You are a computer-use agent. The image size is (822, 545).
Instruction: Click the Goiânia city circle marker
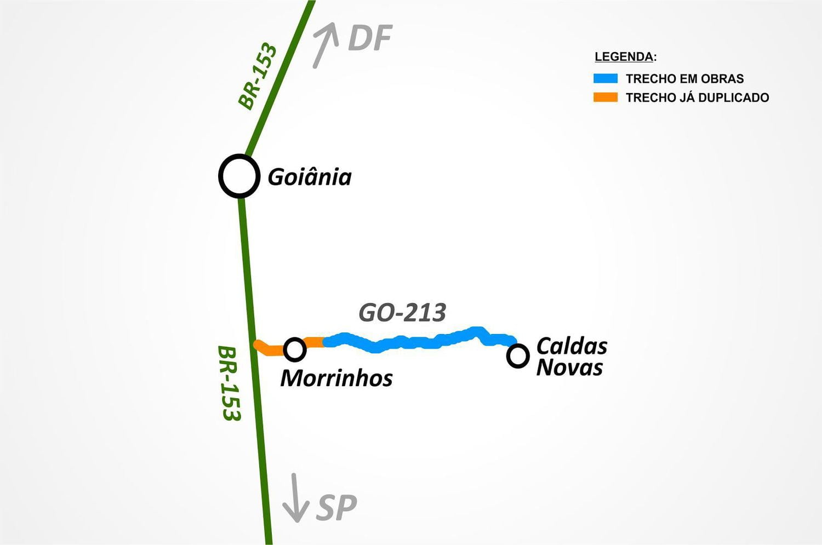point(239,176)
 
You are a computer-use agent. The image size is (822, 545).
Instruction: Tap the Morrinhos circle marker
point(295,349)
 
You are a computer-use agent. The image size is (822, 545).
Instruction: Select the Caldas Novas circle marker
point(518,355)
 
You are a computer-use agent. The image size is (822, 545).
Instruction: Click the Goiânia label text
point(309,177)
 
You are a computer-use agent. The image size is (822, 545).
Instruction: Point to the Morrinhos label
point(336,378)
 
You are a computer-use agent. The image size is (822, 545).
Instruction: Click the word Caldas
point(572,346)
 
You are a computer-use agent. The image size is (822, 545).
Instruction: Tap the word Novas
point(569,368)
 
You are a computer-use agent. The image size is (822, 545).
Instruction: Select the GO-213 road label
point(402,312)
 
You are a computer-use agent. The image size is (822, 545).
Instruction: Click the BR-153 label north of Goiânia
point(258,76)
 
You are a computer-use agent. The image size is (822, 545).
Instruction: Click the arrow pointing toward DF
point(325,45)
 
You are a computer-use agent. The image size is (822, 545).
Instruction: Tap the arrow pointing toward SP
point(295,498)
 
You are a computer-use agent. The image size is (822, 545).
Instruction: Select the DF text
point(370,38)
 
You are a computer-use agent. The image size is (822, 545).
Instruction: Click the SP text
point(336,507)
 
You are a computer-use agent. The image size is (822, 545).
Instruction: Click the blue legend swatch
point(606,78)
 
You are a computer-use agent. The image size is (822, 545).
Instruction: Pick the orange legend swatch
point(606,97)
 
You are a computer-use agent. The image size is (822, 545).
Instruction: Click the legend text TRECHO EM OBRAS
point(684,79)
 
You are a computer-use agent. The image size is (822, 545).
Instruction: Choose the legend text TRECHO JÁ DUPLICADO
point(697,98)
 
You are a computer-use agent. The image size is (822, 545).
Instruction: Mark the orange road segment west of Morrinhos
point(268,349)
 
